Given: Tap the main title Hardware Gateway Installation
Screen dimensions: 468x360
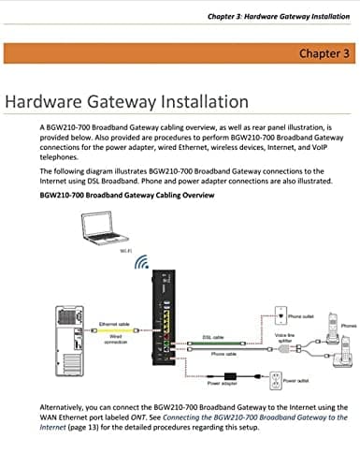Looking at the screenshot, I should pyautogui.click(x=127, y=100).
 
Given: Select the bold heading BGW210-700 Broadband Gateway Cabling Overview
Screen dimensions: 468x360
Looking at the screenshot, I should pyautogui.click(x=128, y=196).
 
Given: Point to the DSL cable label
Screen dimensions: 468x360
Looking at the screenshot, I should pyautogui.click(x=213, y=337).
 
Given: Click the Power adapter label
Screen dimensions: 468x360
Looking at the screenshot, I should pyautogui.click(x=219, y=383).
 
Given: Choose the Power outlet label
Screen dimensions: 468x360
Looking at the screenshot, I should pyautogui.click(x=296, y=381).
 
